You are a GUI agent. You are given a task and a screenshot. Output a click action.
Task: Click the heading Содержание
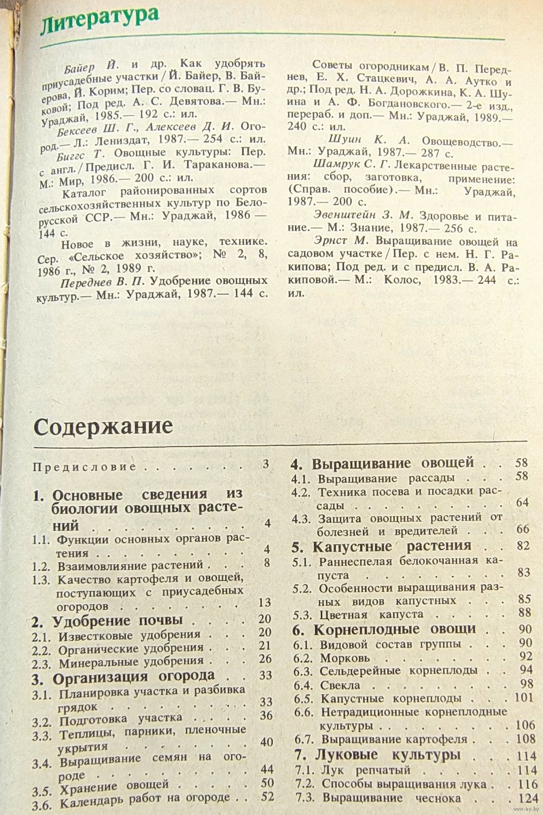(103, 426)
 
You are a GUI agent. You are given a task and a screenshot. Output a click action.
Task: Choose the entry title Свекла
(340, 685)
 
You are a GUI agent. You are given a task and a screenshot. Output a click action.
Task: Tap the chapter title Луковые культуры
(388, 755)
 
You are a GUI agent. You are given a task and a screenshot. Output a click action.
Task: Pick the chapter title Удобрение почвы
(117, 621)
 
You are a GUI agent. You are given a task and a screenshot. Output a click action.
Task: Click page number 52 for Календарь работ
(267, 797)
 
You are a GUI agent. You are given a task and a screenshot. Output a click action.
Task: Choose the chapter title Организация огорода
(134, 678)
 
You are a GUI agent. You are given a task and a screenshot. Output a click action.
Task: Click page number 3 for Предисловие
(266, 464)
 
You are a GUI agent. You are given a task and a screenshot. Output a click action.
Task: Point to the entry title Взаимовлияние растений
(130, 565)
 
